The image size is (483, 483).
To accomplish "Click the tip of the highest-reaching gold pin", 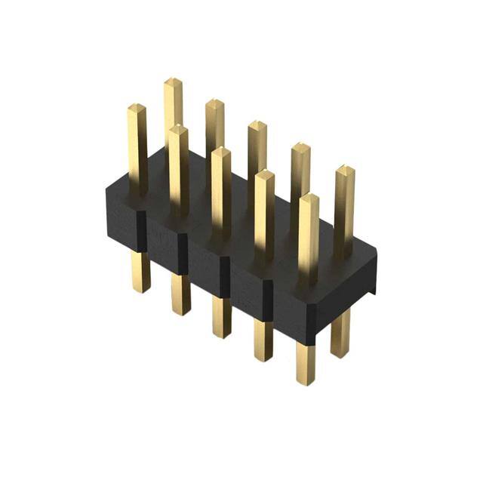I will (173, 81).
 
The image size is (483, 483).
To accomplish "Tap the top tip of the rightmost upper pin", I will (345, 169).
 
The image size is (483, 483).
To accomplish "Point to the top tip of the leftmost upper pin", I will (137, 108).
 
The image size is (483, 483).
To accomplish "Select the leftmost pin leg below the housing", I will (139, 272).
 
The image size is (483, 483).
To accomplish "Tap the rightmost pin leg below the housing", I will (340, 332).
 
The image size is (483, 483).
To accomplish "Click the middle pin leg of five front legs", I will (222, 317).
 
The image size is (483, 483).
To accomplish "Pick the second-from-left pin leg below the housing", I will (180, 294).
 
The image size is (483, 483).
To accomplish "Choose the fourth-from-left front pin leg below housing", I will (263, 340).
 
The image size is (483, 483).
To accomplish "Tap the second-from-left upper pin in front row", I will (179, 166).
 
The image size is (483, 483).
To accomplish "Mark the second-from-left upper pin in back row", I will (173, 113).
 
